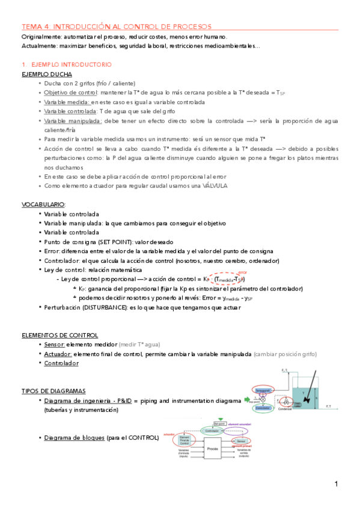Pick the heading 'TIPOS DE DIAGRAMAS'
coord(53,390)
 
